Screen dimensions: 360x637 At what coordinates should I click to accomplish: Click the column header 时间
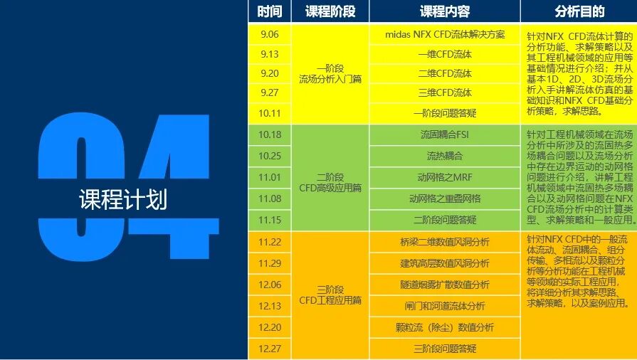pos(270,11)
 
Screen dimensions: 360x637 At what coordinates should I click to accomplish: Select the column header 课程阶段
pos(330,11)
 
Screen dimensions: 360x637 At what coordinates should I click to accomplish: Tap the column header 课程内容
pos(444,11)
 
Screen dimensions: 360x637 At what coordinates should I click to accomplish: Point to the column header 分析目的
pos(579,11)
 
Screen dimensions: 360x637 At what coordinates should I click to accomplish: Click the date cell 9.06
pos(270,33)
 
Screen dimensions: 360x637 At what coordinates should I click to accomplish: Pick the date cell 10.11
pos(270,112)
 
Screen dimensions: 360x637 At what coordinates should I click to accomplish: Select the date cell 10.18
pos(270,134)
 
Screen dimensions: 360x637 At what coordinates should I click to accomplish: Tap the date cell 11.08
pos(270,198)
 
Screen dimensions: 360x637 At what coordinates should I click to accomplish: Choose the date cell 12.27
pos(270,349)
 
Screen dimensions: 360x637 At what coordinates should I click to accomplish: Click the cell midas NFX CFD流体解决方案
pos(444,33)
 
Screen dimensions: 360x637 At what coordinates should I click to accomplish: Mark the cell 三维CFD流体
pos(444,92)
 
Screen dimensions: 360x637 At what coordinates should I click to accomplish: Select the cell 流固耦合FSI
pos(444,134)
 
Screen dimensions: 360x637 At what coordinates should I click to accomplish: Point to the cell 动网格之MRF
pos(444,177)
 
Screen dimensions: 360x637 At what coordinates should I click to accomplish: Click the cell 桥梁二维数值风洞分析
pos(444,242)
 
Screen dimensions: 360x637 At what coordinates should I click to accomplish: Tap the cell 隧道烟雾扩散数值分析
pos(444,285)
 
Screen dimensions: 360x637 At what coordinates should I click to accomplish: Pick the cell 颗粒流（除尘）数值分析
pos(444,327)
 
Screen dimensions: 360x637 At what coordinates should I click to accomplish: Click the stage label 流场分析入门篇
pos(330,79)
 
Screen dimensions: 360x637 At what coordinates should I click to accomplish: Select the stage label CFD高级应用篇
pos(330,188)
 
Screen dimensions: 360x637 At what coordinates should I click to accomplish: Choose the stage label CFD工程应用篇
pos(330,300)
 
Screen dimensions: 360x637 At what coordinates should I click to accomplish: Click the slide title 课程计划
pos(123,200)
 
